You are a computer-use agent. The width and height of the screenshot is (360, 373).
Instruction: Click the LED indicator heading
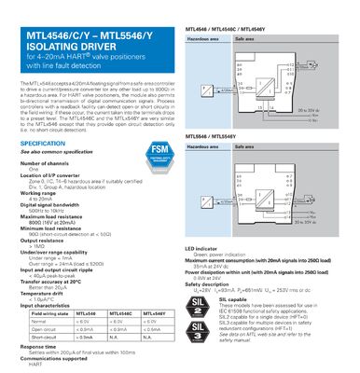201,249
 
